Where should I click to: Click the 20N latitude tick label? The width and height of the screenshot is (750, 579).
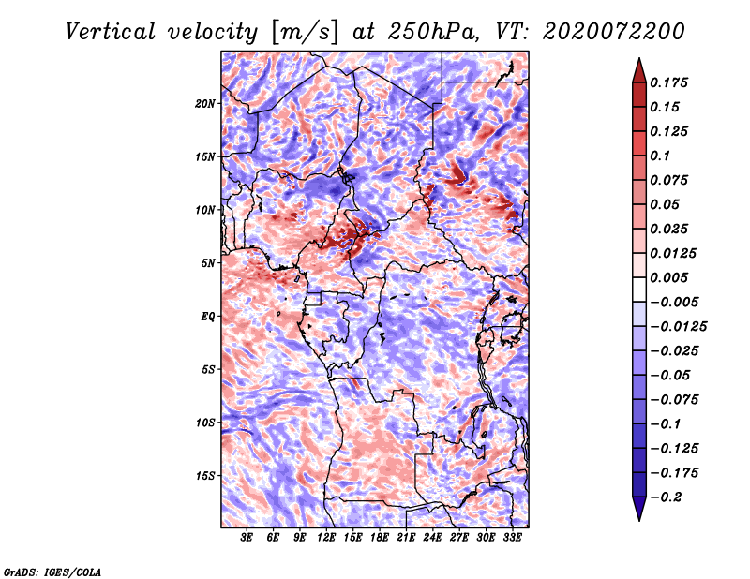point(205,104)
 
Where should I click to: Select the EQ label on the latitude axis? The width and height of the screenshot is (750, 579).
point(208,317)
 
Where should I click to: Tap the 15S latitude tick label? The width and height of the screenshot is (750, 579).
point(205,476)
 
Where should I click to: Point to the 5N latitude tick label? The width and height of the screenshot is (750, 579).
point(208,263)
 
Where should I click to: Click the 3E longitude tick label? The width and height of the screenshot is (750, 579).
point(247,538)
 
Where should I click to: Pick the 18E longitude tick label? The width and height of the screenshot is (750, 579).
point(380,538)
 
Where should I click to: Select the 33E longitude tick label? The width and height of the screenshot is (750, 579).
point(512,538)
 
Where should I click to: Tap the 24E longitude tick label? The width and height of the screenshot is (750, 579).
point(432,538)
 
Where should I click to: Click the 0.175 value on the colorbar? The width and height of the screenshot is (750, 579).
point(668,82)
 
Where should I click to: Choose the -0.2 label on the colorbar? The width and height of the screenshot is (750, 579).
point(666,497)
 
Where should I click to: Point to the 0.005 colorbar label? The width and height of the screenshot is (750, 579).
point(668,277)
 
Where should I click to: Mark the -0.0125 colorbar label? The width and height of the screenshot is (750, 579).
point(678,327)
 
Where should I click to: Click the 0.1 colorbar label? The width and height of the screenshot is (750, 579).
point(660,156)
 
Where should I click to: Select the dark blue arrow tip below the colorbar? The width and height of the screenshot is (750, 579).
point(639,520)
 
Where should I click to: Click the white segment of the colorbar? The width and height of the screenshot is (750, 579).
point(639,289)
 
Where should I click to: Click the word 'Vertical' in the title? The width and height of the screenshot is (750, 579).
point(111,32)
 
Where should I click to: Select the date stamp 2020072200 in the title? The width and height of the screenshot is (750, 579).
point(614,32)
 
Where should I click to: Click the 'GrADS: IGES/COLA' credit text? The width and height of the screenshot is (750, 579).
point(52,572)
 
